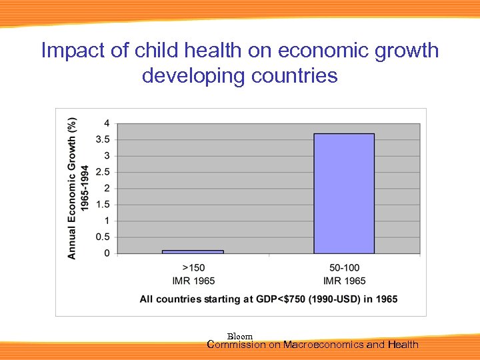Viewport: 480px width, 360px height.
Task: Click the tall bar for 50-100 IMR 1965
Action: (344, 193)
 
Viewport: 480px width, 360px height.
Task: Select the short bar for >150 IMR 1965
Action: (193, 251)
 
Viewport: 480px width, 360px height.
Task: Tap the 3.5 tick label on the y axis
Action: (103, 139)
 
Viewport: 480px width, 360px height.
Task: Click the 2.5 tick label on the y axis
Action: (103, 172)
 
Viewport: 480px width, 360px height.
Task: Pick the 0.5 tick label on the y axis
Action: (103, 237)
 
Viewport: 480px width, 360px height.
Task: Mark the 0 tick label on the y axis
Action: (107, 253)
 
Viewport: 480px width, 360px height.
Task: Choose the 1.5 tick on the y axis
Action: (103, 205)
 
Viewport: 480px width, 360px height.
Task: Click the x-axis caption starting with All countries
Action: (268, 299)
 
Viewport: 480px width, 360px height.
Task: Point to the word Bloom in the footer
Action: (240, 337)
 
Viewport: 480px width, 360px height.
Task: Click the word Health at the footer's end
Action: (403, 345)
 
